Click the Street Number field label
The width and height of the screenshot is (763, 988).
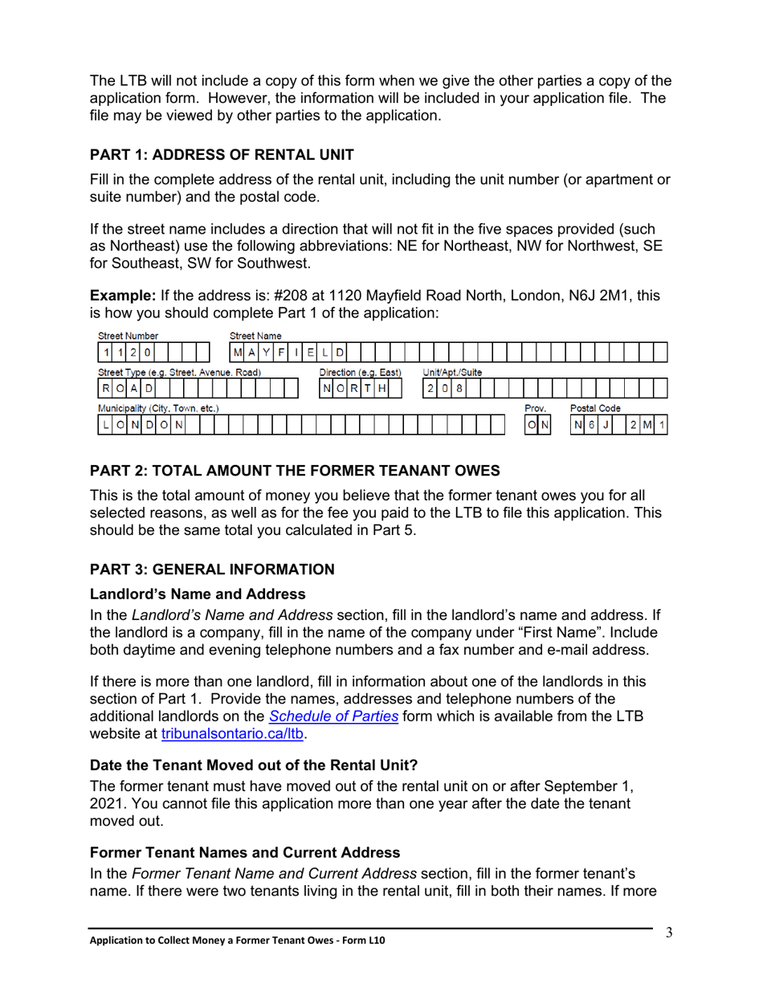pyautogui.click(x=128, y=335)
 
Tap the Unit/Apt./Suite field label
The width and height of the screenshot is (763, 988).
pyautogui.click(x=452, y=373)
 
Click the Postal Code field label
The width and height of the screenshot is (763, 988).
pyautogui.click(x=595, y=409)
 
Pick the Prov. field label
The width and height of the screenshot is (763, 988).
pyautogui.click(x=535, y=409)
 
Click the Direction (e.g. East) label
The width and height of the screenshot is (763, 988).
pyautogui.click(x=361, y=373)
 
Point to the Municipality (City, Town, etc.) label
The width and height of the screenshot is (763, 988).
pyautogui.click(x=158, y=409)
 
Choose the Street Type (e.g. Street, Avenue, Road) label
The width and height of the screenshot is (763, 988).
pyautogui.click(x=179, y=373)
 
